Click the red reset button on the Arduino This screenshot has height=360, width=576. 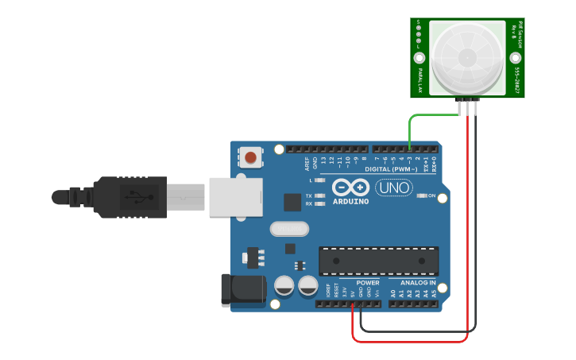coord(251,157)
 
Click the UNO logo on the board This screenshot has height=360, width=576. coord(393,188)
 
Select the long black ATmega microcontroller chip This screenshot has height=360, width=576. coord(378,261)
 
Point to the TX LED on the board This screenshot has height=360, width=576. coord(320,195)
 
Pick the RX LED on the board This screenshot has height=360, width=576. coord(320,203)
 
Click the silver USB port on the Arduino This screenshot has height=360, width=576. coord(235,196)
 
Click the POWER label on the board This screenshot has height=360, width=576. coord(368,283)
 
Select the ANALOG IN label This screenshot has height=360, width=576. coord(417,283)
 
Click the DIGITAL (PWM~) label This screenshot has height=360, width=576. coord(390,169)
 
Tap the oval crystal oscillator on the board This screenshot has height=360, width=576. coord(288,229)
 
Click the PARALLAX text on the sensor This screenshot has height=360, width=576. coord(420,79)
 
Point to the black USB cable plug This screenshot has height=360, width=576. coord(127,196)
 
